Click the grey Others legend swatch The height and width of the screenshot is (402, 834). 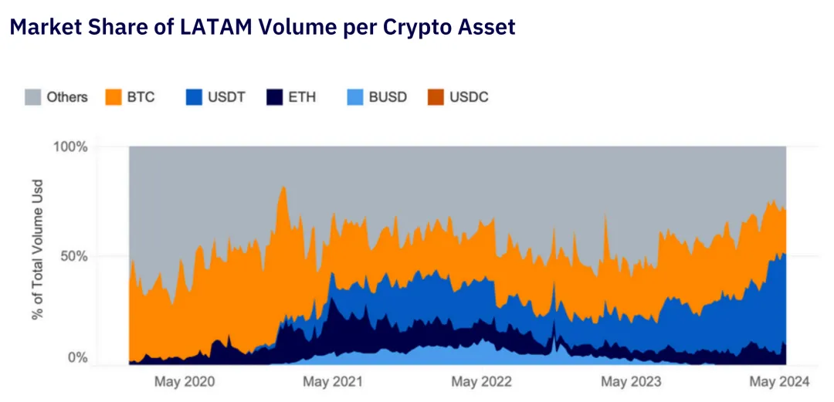[33, 97]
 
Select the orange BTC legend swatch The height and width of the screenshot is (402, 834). [114, 97]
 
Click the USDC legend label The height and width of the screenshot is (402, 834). [469, 97]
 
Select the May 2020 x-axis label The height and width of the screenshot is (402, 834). [185, 381]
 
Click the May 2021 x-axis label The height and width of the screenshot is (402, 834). [333, 381]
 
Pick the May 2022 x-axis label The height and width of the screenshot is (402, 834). [482, 381]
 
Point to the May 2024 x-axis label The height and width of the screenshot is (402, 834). [780, 381]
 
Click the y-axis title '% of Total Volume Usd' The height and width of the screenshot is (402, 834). [37, 249]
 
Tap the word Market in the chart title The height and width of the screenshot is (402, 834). [46, 28]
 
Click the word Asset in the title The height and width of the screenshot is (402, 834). [487, 28]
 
